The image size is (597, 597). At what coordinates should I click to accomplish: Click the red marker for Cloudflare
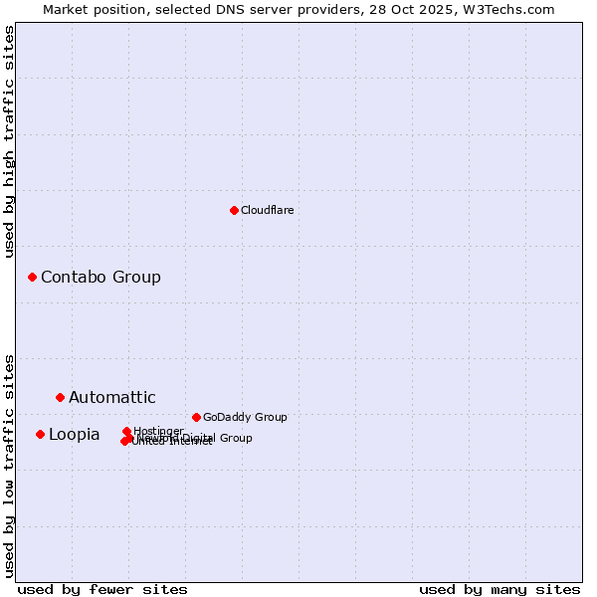point(234,210)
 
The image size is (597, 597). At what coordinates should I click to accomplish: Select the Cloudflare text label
point(267,210)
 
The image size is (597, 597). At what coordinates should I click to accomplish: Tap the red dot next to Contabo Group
point(32,277)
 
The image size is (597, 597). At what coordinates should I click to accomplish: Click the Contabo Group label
point(100,277)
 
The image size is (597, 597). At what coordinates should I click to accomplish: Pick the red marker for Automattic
point(60,397)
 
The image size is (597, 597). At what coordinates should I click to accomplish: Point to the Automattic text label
point(111,398)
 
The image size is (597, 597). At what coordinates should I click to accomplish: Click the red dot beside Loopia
point(40,434)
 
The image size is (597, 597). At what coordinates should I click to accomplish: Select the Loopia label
point(74,435)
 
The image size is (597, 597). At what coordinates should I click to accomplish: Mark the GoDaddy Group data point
point(196,417)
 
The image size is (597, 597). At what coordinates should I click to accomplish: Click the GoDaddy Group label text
point(244,417)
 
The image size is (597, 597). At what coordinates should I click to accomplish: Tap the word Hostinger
point(159,431)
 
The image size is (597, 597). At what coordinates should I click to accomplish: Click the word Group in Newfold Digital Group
point(235,438)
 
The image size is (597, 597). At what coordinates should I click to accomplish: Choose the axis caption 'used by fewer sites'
point(102,589)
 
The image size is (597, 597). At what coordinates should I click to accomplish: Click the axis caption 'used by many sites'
point(499,589)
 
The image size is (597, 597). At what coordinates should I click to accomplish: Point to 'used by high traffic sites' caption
point(10,141)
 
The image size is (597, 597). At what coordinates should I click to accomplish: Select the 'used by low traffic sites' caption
point(10,465)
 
